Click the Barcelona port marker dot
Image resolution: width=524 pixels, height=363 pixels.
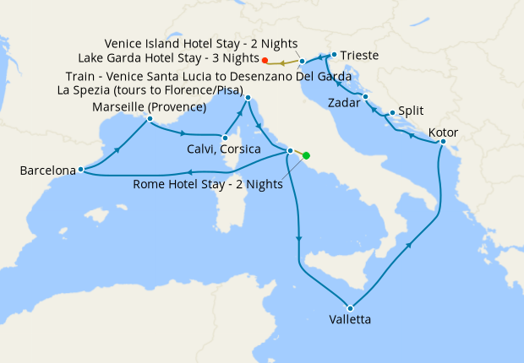[x=80, y=169]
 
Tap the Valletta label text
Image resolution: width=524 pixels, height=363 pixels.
[x=349, y=320]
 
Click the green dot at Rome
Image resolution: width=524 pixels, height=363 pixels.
[x=306, y=155]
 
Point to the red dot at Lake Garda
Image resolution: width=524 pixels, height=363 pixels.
[x=265, y=60]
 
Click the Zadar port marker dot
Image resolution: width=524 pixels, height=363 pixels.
[x=364, y=97]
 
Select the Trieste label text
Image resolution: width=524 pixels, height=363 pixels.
[x=360, y=55]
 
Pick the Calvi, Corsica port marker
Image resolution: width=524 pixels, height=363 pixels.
[x=225, y=138]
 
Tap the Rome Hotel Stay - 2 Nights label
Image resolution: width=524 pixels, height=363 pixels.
[x=209, y=185]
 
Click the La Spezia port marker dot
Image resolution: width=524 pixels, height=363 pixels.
[x=248, y=98]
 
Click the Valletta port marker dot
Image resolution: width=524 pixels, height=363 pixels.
[x=349, y=306]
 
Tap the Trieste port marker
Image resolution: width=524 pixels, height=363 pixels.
[x=334, y=55]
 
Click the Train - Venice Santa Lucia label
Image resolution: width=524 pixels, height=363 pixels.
[x=209, y=75]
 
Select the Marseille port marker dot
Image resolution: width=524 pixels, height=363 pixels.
[x=149, y=119]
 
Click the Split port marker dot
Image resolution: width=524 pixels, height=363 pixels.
[x=392, y=112]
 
